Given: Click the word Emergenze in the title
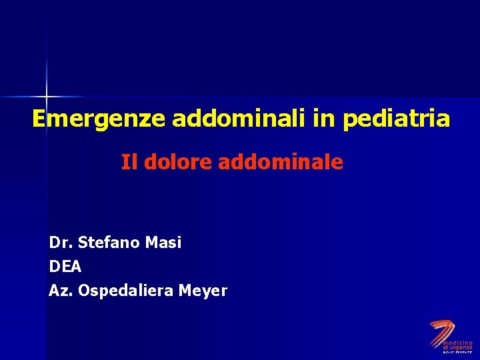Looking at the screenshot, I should coord(99,119).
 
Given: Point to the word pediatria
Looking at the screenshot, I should coord(396,119).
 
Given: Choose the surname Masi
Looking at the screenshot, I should coord(164,243).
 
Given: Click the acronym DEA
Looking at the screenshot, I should coord(65,267).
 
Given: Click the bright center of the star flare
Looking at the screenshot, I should coord(47,97).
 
